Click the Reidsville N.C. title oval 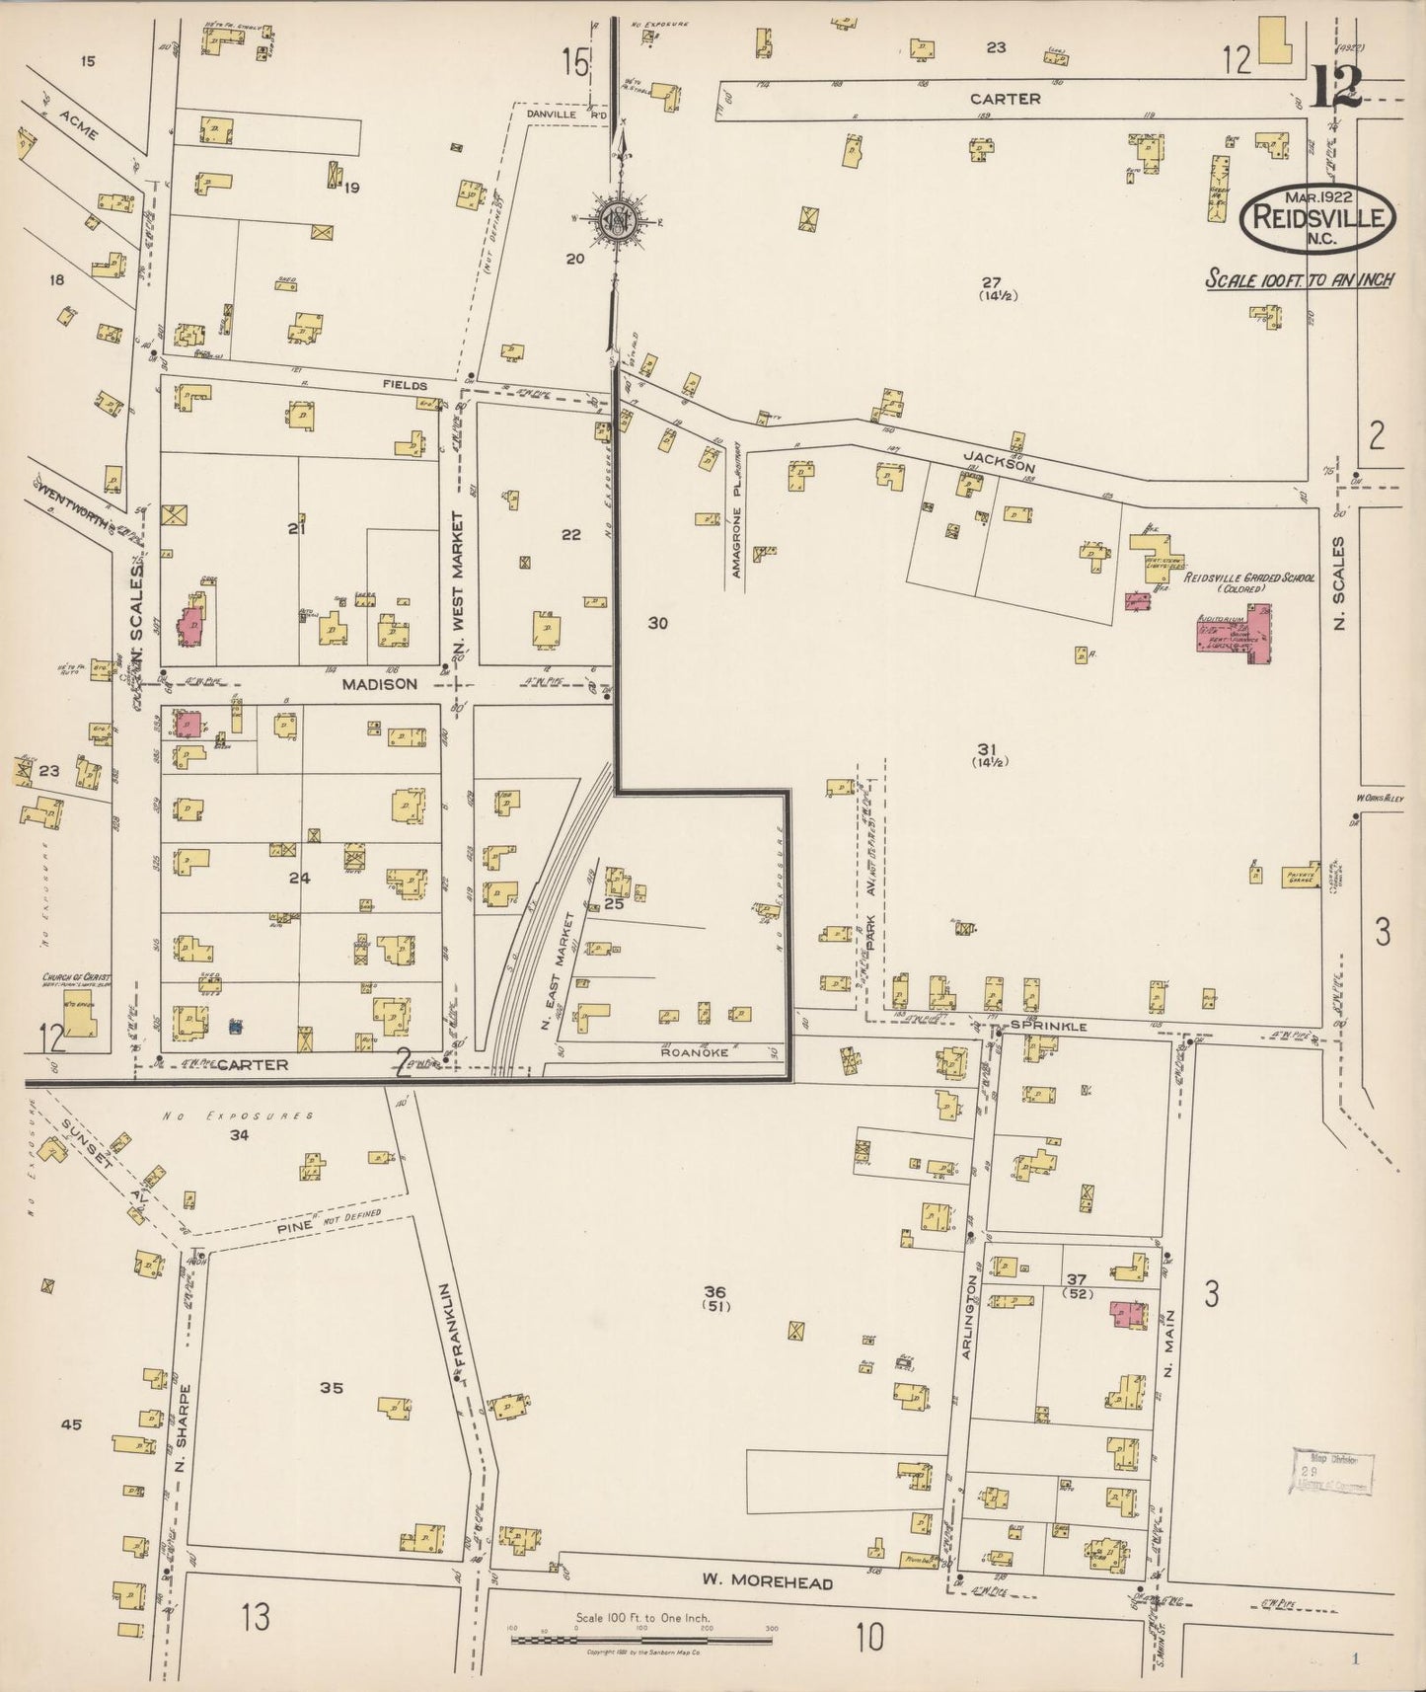(1318, 219)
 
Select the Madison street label (379, 683)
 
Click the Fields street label (406, 385)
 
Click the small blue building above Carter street (236, 1027)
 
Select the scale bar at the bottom (640, 1641)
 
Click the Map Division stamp (1333, 1475)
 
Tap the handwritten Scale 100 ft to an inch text (1300, 280)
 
